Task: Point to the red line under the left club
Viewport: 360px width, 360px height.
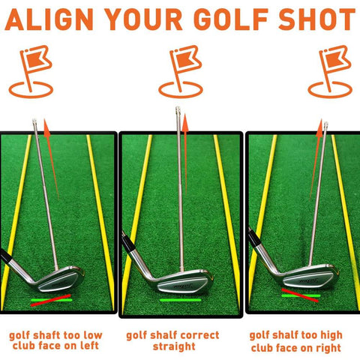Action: [x=51, y=300]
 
